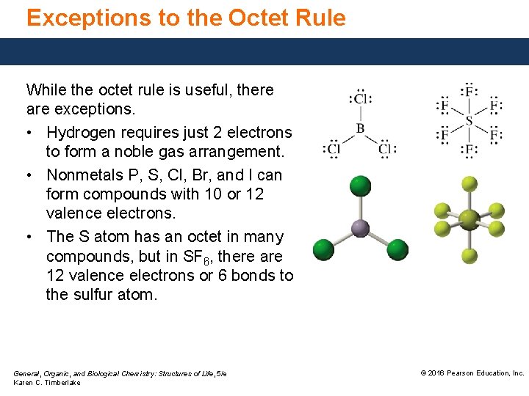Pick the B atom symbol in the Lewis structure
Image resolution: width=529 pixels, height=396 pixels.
click(x=360, y=128)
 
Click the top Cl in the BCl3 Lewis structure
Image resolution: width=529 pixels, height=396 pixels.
click(x=360, y=98)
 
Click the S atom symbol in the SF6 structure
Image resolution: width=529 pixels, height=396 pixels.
click(x=469, y=120)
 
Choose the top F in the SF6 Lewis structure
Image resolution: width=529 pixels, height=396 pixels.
click(x=469, y=91)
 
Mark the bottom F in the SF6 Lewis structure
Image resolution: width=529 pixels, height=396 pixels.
click(x=469, y=150)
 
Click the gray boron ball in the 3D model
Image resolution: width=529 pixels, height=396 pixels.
click(x=359, y=228)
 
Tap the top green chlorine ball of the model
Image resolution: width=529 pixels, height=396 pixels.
click(x=359, y=184)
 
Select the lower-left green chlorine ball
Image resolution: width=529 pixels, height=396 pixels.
click(x=323, y=249)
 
